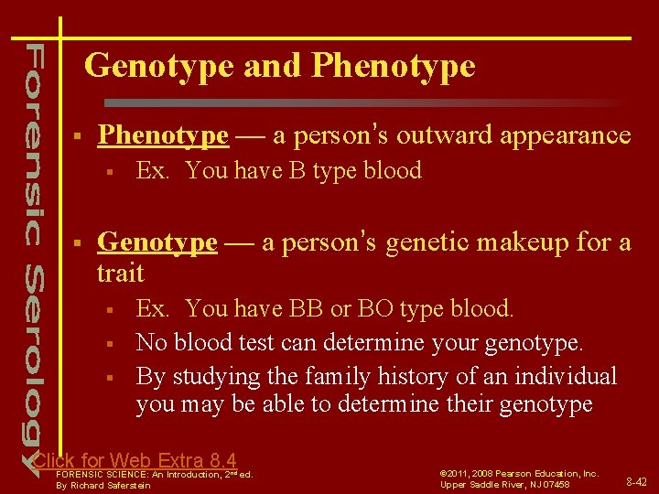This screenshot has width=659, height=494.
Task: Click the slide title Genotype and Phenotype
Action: click(279, 66)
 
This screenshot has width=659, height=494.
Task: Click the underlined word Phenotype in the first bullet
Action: click(163, 135)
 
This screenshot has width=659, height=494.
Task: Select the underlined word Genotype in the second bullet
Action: click(157, 242)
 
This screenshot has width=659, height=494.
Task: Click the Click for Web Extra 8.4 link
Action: click(135, 460)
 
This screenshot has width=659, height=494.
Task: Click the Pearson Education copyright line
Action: click(519, 473)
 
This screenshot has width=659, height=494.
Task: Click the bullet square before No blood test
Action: click(108, 344)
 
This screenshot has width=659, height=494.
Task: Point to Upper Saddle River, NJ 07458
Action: click(504, 485)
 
